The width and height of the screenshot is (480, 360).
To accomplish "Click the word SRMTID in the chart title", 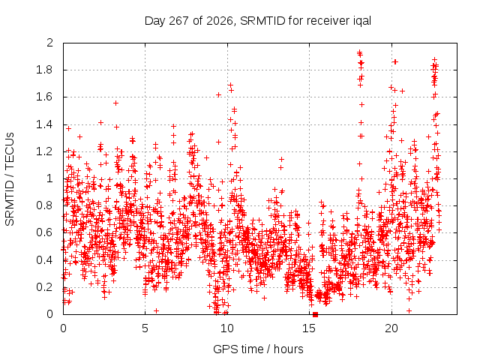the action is point(262,21).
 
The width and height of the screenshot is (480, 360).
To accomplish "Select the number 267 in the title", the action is point(178,21).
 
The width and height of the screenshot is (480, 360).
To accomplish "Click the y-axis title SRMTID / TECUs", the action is point(10,179).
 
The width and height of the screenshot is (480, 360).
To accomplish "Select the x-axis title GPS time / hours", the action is point(258,349).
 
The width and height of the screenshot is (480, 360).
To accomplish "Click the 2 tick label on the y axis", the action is point(49,43).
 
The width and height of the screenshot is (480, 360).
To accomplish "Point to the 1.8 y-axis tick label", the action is point(45,70).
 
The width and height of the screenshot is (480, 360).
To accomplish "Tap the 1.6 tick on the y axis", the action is point(45,97).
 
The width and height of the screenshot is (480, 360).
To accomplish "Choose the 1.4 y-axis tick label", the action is point(45,124).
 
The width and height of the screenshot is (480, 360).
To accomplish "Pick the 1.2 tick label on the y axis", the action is point(45,151).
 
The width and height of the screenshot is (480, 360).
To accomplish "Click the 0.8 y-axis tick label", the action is point(45,205).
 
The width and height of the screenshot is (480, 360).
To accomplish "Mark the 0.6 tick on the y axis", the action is point(45,232).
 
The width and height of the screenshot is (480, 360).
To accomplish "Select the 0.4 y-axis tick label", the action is point(45,260).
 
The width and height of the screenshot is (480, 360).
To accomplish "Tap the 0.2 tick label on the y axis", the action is point(45,286).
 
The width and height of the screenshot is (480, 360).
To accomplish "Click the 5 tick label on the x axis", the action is point(145,328).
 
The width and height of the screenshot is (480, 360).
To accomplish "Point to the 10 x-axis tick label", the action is point(226,328).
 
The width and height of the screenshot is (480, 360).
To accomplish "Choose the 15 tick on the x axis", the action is point(309,328).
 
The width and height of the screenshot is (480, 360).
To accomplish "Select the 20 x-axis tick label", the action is point(391,328).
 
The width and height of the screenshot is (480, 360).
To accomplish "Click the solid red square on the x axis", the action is point(315,314).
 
